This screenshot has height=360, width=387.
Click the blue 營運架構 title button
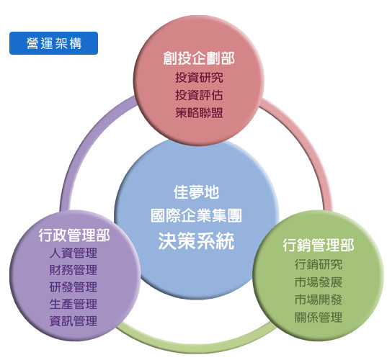(x=53, y=43)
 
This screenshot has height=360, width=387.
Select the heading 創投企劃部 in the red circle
(x=199, y=58)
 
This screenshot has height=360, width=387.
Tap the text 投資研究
(x=199, y=78)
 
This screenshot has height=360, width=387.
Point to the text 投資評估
(x=199, y=95)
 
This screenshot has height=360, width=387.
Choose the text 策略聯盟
(x=199, y=113)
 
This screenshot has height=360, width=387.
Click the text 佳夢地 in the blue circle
(x=196, y=192)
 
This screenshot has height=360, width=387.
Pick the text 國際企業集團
(x=196, y=215)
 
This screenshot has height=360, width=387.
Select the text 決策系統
(x=196, y=240)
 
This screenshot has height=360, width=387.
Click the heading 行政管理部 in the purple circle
(x=74, y=235)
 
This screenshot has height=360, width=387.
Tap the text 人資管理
(x=74, y=253)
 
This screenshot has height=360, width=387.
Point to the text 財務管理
(x=74, y=270)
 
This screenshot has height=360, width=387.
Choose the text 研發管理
(x=74, y=287)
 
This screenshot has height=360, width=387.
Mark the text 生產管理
(x=74, y=304)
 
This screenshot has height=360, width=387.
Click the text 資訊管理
(x=74, y=321)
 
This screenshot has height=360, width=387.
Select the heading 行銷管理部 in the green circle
(x=319, y=245)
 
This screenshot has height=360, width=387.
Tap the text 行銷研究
(x=319, y=264)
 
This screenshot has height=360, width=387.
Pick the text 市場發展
(x=319, y=282)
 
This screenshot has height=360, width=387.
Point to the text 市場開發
(x=319, y=300)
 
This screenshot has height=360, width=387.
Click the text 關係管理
(x=319, y=318)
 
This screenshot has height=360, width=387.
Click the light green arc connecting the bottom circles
(x=196, y=347)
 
